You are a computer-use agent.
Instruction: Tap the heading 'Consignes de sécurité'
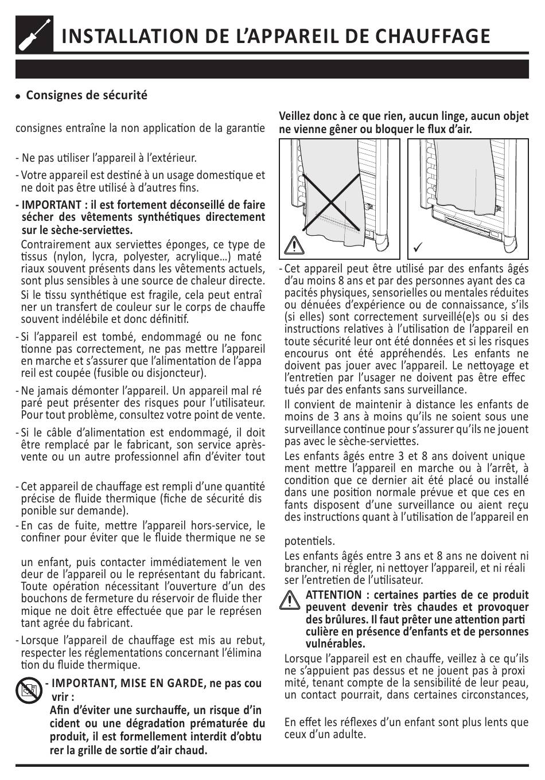tap(87, 95)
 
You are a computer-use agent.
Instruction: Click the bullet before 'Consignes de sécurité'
tap(18, 96)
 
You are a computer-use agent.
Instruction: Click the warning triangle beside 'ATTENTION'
tap(291, 600)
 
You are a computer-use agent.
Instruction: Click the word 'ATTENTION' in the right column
tap(333, 595)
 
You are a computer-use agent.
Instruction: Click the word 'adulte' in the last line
tap(349, 734)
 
